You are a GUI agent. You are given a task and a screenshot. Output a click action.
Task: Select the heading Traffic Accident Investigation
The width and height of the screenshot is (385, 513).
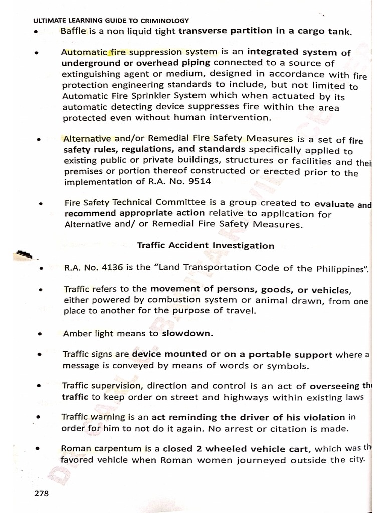tap(206, 246)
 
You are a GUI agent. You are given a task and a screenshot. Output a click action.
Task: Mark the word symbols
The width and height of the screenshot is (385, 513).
tap(285, 366)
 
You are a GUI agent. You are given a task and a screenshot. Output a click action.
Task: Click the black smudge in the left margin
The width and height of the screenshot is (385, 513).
tap(24, 254)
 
